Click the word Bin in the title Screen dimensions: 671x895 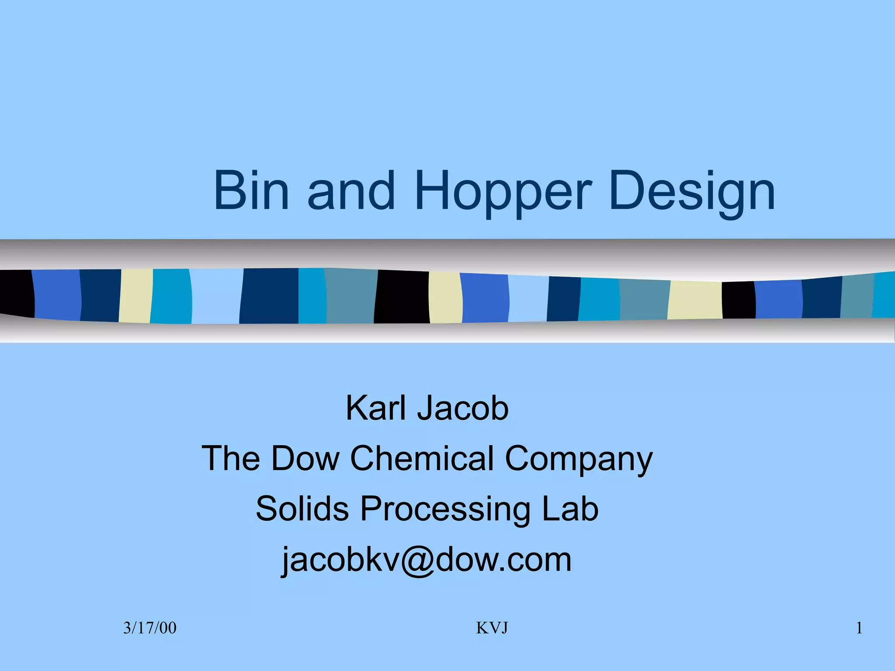[251, 191]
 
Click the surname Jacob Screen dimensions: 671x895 [463, 408]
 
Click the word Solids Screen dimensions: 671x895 [302, 508]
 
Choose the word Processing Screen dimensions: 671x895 [445, 509]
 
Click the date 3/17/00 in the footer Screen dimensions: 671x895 [149, 628]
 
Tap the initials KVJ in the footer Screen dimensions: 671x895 [492, 628]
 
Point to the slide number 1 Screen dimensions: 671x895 [859, 628]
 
